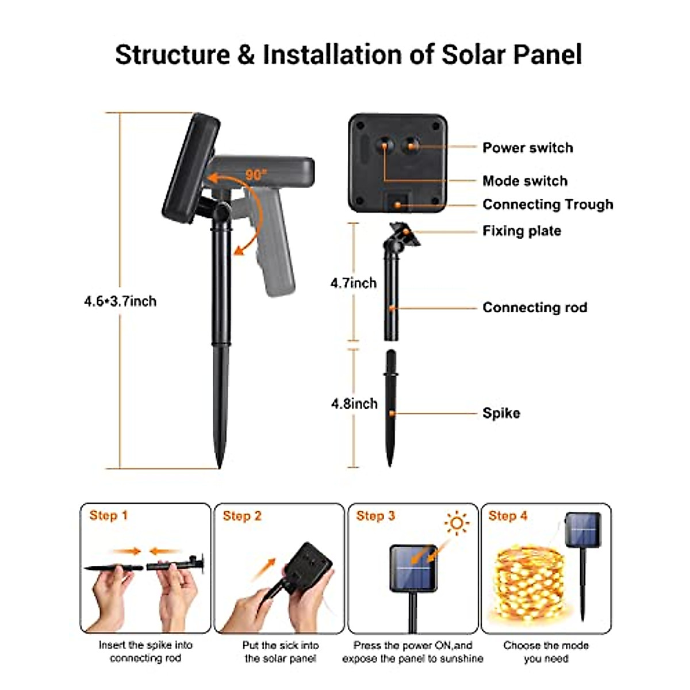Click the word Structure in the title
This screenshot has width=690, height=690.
pos(172,55)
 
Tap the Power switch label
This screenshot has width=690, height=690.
pos(527,148)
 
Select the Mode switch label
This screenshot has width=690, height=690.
pos(525,181)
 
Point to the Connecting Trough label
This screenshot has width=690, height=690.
pos(547,205)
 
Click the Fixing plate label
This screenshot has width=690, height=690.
pos(522,231)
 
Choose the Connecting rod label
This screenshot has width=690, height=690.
pos(535,308)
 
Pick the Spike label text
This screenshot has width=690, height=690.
pos(501,413)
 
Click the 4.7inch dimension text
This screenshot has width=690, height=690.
pos(354,283)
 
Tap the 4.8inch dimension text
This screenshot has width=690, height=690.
pos(354,404)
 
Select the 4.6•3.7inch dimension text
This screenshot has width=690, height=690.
pos(120,301)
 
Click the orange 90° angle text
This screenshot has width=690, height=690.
pos(256,174)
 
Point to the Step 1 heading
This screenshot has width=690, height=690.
pos(109,515)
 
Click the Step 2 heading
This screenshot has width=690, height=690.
pos(242,516)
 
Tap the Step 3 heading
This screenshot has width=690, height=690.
pos(375,516)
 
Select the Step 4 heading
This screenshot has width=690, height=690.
pos(508,516)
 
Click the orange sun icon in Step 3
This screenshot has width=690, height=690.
pos(457,523)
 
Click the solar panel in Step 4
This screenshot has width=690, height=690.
pos(583,530)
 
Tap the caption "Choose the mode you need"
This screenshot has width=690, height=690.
pos(546,651)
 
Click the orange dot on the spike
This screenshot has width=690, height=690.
pos(392,413)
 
